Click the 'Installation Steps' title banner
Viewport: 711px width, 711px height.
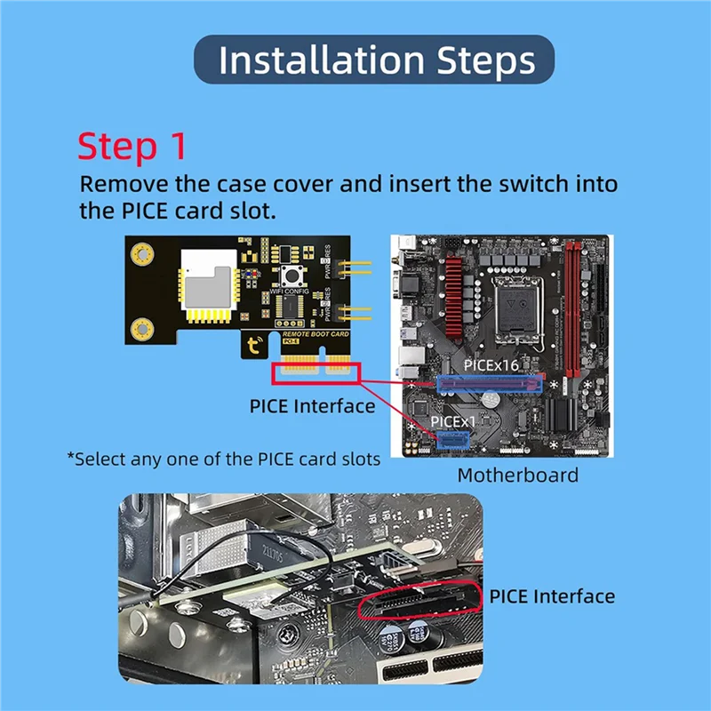point(374,60)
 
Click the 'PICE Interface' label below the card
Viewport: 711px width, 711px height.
point(312,407)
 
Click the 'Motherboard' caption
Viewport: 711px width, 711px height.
point(517,475)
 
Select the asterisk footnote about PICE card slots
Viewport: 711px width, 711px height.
point(224,459)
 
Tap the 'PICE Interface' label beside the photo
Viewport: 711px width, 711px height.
point(551,595)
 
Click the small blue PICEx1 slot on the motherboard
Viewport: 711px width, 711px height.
point(452,438)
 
